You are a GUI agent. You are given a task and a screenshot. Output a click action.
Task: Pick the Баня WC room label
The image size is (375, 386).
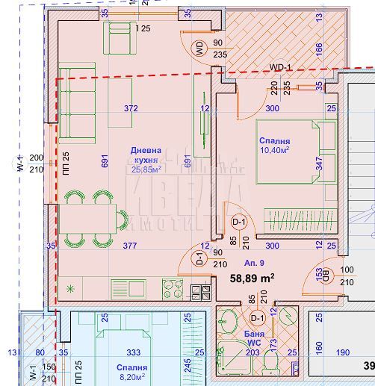254,337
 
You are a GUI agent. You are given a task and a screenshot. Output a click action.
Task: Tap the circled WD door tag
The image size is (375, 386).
199,49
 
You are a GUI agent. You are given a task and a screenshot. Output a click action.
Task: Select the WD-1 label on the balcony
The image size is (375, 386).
280,68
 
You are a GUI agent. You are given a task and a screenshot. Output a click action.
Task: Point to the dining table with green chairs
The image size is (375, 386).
93,218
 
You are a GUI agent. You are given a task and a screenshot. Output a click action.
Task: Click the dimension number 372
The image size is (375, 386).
131,108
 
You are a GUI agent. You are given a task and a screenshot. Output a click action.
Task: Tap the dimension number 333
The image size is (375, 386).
133,352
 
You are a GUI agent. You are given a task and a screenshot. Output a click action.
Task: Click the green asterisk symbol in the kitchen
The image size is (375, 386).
71,287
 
